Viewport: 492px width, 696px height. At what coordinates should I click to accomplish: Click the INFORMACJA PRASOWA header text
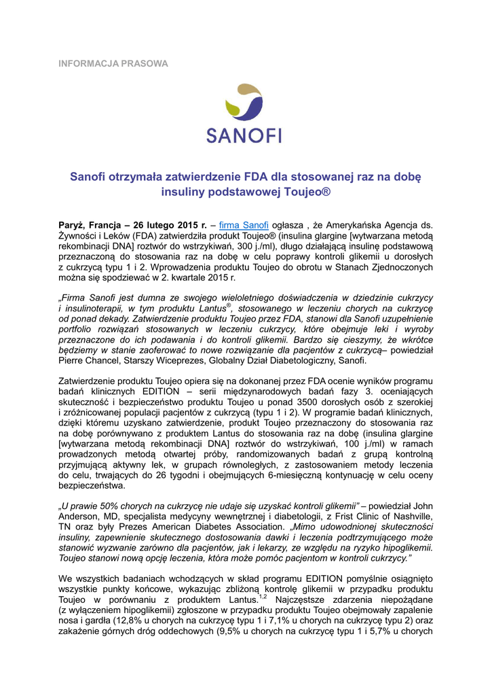coord(113,63)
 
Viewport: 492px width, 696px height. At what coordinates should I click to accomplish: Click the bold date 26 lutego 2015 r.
coord(170,225)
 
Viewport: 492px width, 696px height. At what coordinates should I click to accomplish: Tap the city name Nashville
coord(409,517)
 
